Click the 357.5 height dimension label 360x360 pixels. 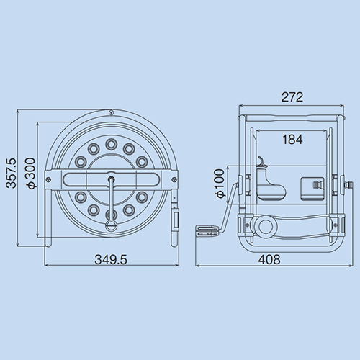pyautogui.click(x=12, y=173)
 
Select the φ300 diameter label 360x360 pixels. pyautogui.click(x=31, y=173)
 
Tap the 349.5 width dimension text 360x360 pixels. pyautogui.click(x=111, y=259)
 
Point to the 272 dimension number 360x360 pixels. pyautogui.click(x=292, y=97)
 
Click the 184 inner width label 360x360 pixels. pyautogui.click(x=292, y=140)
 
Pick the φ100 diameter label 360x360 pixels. pyautogui.click(x=220, y=184)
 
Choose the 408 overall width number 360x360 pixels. pyautogui.click(x=269, y=259)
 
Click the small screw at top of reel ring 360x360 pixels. pyautogui.click(x=111, y=112)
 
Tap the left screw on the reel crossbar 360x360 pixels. pyautogui.click(x=48, y=179)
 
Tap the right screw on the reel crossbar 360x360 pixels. pyautogui.click(x=174, y=179)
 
